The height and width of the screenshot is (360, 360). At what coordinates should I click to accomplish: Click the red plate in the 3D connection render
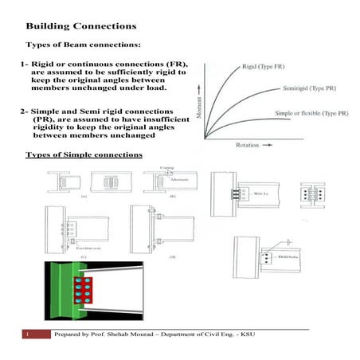(81, 291)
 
